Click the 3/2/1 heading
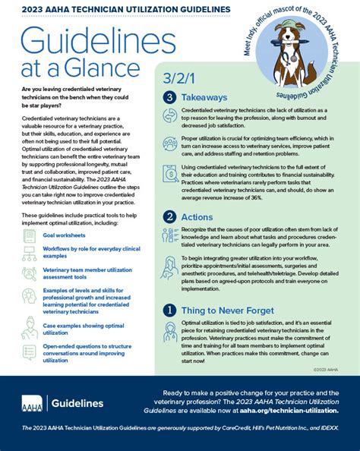180,79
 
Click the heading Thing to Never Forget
232,310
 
